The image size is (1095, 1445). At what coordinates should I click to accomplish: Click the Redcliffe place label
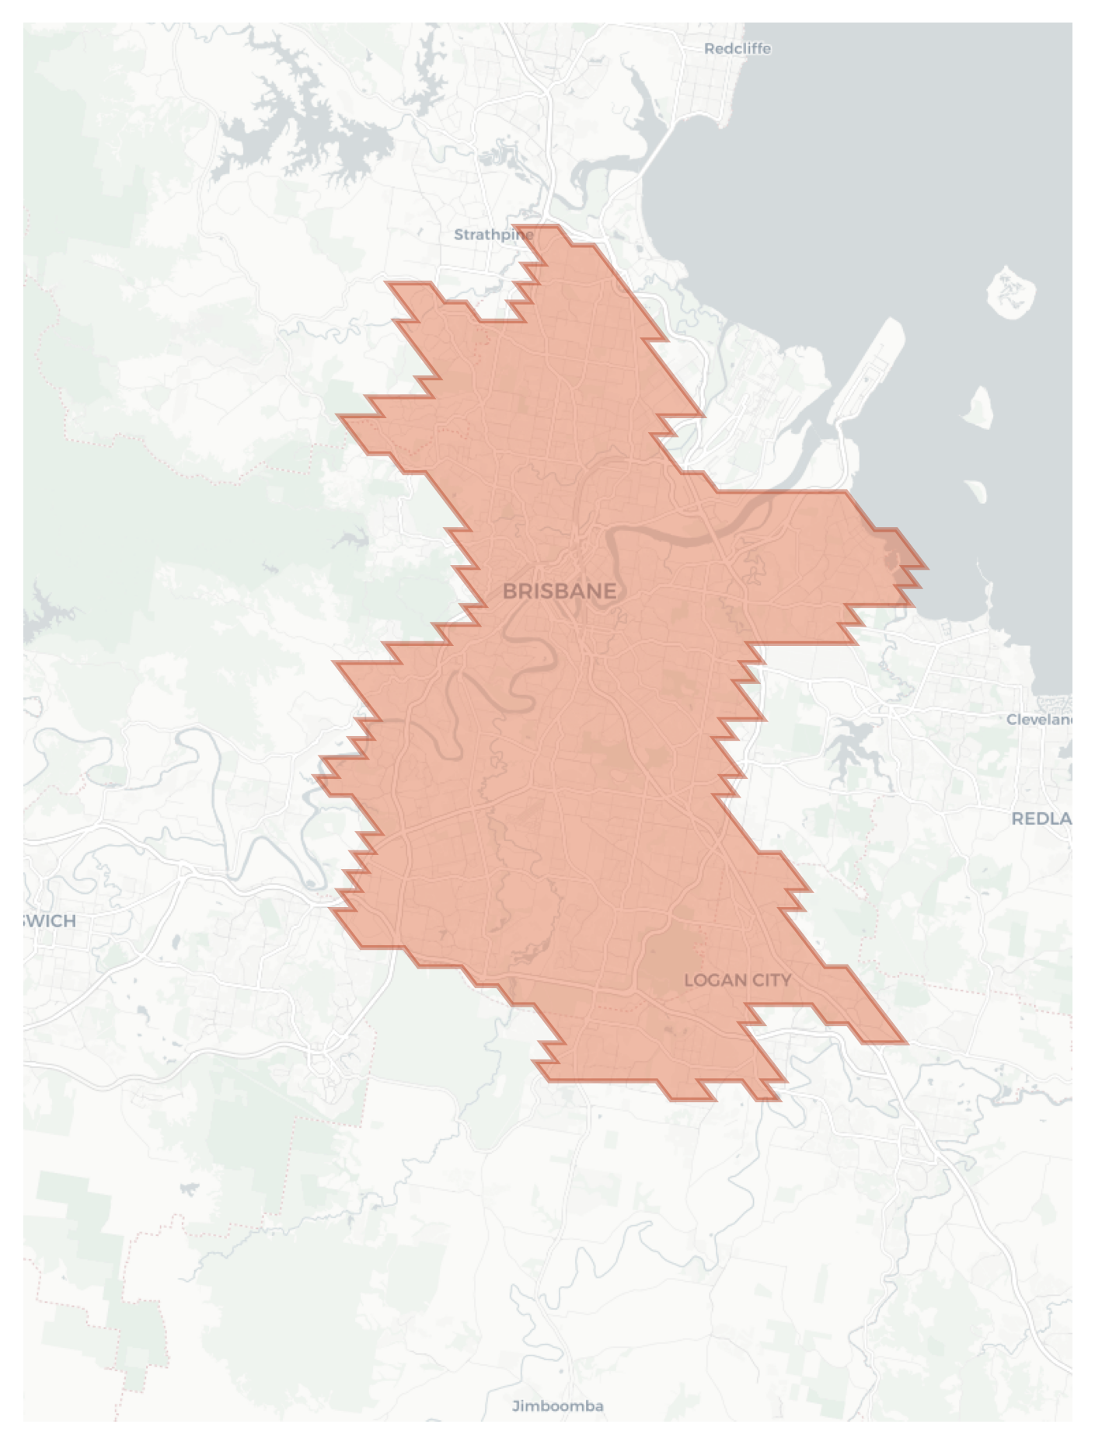(x=737, y=49)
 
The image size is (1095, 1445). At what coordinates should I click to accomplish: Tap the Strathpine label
(x=493, y=235)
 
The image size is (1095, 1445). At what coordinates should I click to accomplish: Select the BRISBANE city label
(x=560, y=592)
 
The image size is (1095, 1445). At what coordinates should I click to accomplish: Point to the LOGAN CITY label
(x=738, y=980)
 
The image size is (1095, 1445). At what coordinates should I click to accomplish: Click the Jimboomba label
(x=558, y=1405)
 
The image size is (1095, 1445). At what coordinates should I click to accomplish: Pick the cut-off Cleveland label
(x=1040, y=720)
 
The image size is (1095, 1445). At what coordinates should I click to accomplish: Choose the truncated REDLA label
(x=1041, y=818)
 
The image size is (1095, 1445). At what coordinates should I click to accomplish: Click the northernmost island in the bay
(x=1010, y=291)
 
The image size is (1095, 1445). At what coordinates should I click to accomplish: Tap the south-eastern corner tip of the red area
(x=904, y=1042)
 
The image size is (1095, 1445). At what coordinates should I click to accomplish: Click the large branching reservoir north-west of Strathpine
(x=311, y=132)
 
